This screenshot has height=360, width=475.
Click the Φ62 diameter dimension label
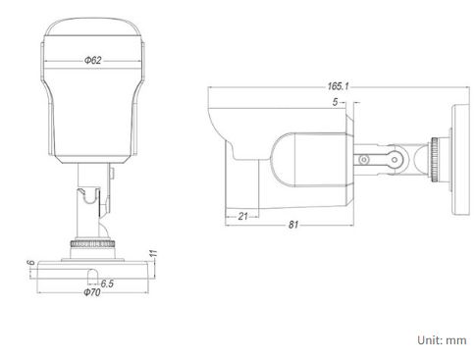pos(93,60)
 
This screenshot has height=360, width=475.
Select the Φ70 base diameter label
pos(92,292)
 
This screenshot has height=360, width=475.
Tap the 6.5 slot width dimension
pos(107,283)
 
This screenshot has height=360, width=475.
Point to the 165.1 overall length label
pos(339,86)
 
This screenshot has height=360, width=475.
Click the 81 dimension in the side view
pos(293,225)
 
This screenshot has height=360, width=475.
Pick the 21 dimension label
pos(242,216)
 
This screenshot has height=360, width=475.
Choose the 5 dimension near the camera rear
pos(335,102)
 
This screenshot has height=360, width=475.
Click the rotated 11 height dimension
pos(153,253)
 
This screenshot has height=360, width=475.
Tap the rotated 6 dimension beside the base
pos(31,263)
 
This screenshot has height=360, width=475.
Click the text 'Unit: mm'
pos(442,340)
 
